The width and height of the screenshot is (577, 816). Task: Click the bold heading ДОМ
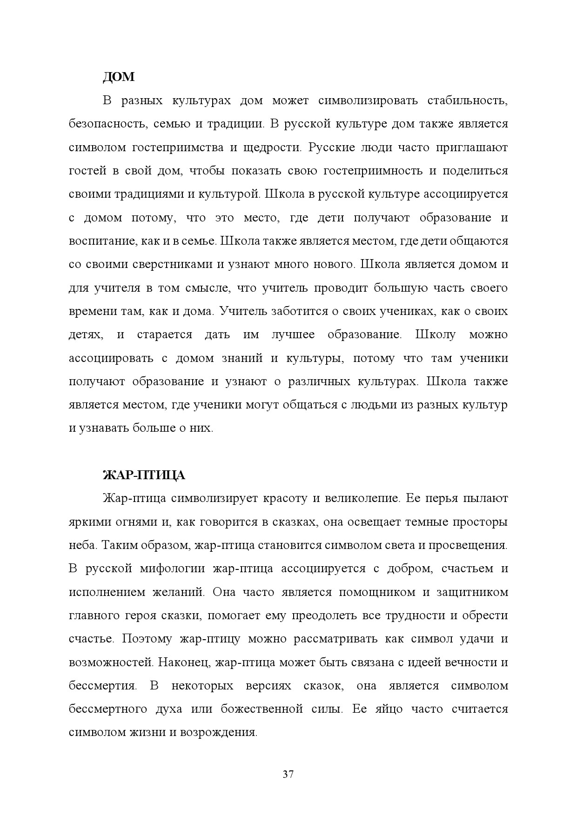(119, 77)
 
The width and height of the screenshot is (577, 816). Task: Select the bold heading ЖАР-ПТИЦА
(144, 475)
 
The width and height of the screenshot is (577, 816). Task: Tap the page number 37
(288, 774)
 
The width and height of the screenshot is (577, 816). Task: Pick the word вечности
(470, 662)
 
